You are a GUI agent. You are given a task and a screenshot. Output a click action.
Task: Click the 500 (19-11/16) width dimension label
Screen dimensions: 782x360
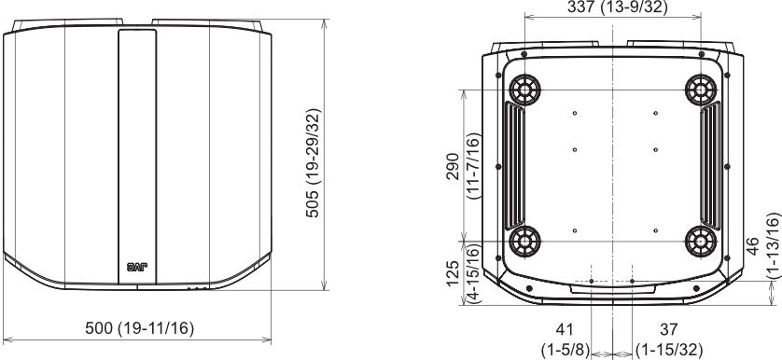pyautogui.click(x=140, y=328)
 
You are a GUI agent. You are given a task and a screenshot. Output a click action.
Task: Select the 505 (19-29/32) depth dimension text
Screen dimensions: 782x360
pyautogui.click(x=314, y=163)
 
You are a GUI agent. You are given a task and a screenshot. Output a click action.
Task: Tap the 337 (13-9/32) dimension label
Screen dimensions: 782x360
pyautogui.click(x=618, y=7)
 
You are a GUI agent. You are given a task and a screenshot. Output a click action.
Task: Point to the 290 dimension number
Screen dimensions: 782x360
pyautogui.click(x=453, y=167)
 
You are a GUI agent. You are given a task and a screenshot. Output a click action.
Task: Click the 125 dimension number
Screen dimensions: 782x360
pyautogui.click(x=453, y=273)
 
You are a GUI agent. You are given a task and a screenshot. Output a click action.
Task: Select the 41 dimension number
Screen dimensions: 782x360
pyautogui.click(x=565, y=329)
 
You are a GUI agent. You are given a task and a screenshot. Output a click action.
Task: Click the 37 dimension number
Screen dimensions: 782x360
pyautogui.click(x=669, y=329)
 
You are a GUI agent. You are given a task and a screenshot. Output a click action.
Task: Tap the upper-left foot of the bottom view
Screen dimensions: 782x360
pyautogui.click(x=524, y=90)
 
